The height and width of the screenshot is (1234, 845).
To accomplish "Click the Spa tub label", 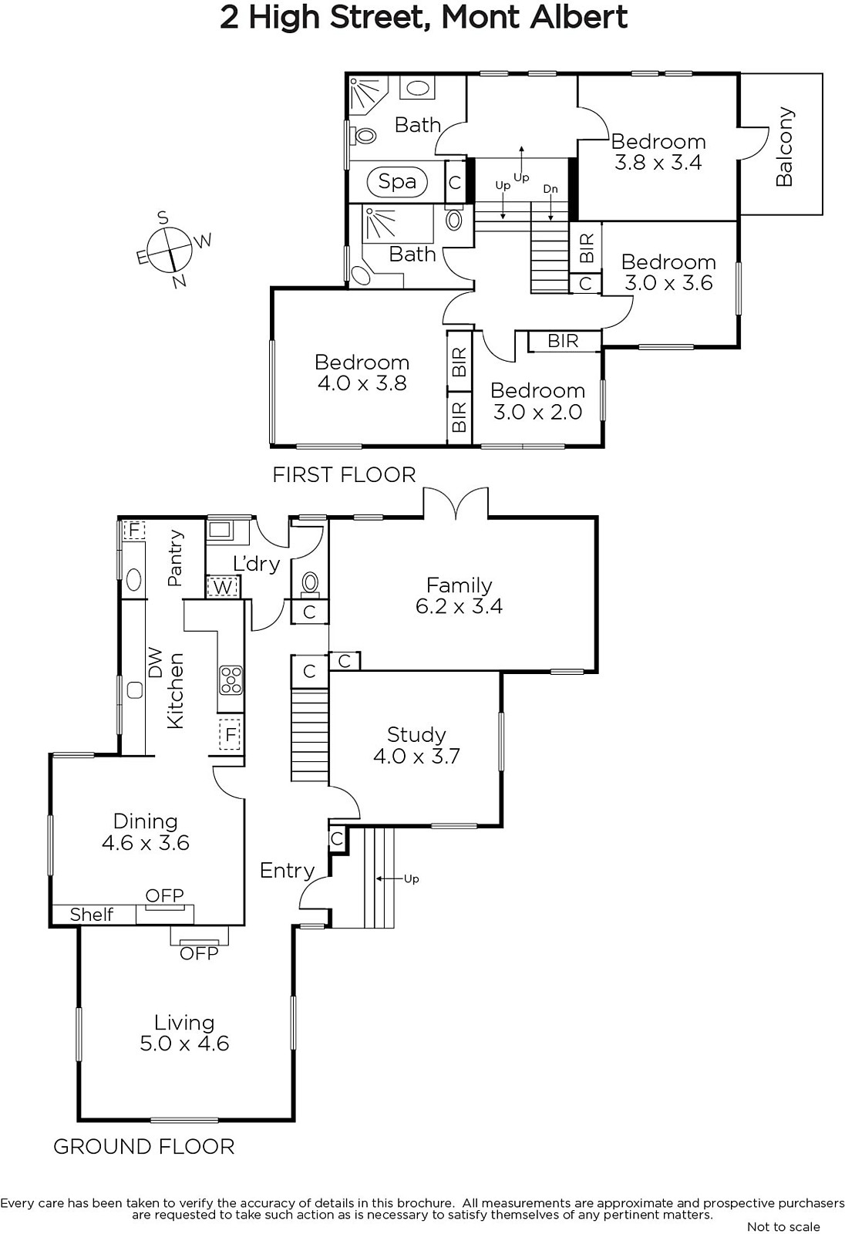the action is coord(396,181).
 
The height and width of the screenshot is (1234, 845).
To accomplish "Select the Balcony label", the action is coord(783,147).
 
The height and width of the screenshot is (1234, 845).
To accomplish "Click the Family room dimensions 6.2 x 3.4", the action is coord(459,606).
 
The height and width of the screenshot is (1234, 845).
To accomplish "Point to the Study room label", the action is coord(416,734).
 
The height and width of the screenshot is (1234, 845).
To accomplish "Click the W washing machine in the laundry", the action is coord(223,587).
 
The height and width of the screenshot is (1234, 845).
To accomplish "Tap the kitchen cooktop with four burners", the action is coord(231,679).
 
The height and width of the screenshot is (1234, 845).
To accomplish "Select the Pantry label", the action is coord(174,558).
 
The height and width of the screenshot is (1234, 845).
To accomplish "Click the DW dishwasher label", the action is coord(156,663).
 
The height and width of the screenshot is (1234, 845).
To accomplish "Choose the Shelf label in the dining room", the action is coord(92,915).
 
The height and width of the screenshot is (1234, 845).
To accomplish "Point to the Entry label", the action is coord(287,871).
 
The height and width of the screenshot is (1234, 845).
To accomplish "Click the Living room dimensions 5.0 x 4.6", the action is coord(184,1044).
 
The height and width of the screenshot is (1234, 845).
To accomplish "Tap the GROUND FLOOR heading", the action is coord(143,1146).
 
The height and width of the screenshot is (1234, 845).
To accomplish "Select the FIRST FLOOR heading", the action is coord(345,475).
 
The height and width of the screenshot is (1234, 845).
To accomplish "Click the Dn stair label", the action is coord(550,189).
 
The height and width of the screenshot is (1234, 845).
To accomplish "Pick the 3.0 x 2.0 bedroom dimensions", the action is coord(537,412).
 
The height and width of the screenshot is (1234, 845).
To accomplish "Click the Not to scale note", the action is coord(783,1226).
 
